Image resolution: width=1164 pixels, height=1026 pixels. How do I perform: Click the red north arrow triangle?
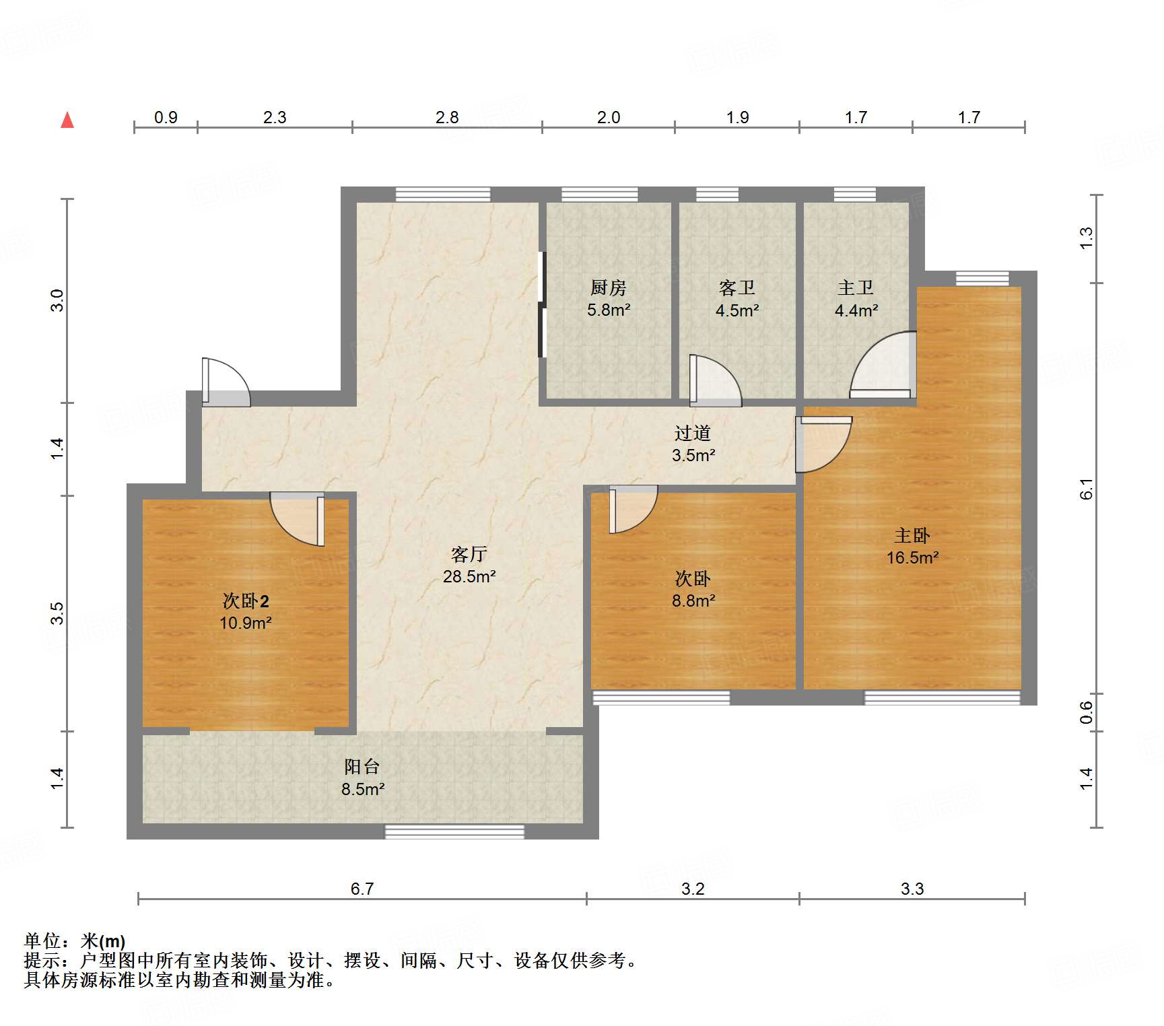point(67,121)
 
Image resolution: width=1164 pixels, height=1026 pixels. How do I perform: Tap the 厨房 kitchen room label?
point(608,298)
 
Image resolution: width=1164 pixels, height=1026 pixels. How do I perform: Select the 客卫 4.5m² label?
point(737,299)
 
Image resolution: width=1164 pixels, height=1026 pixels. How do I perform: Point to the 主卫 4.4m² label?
point(856,299)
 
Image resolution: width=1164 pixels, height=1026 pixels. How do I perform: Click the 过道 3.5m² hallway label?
point(693,444)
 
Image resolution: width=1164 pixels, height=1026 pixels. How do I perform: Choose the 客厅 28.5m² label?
point(469,565)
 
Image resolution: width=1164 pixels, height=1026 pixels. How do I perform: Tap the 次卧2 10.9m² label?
point(246,611)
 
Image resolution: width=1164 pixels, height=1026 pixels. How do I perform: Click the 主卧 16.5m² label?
point(912,546)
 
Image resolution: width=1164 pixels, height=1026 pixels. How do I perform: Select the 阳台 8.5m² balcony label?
point(362,778)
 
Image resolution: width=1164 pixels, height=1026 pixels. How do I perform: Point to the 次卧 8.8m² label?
point(693,589)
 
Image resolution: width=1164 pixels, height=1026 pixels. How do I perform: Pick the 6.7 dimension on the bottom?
point(362,889)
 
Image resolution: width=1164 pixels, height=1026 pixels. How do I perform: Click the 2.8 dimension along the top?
point(447,118)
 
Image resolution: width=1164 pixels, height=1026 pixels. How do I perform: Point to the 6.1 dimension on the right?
point(1086,489)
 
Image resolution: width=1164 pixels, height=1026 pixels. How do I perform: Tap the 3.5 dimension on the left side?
point(57,613)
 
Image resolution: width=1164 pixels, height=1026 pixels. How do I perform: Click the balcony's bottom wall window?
point(454,831)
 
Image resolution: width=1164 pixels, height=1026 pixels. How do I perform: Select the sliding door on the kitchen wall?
point(542,304)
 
